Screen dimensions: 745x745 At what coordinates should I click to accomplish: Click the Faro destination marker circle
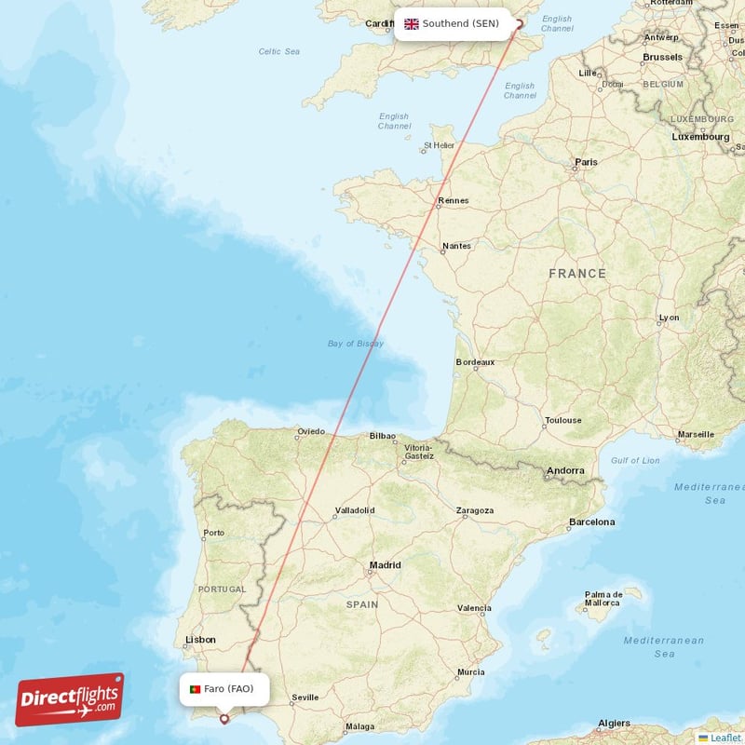pos(223,718)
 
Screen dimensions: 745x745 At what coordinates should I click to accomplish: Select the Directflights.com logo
pos(70,699)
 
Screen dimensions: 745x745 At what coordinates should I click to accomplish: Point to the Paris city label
pos(586,162)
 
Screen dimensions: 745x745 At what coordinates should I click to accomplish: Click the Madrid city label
pos(385,564)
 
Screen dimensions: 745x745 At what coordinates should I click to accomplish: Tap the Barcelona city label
pos(592,521)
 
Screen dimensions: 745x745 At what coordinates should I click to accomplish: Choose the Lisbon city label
pos(200,640)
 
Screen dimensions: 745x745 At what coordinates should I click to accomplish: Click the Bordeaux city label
pos(475,361)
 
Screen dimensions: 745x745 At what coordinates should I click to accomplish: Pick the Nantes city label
pos(456,246)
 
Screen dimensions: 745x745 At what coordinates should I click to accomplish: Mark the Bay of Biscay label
pos(355,344)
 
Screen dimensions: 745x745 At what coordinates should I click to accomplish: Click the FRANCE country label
pos(577,274)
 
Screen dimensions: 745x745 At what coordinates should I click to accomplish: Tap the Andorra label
pos(565,471)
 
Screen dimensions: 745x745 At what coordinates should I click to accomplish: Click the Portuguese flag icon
pos(196,689)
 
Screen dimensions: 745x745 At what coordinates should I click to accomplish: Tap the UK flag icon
pos(411,23)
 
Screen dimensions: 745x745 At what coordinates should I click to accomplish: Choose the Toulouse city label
pos(562,420)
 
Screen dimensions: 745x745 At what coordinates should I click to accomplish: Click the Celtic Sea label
pos(279,51)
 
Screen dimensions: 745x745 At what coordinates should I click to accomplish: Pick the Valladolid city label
pos(354,510)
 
